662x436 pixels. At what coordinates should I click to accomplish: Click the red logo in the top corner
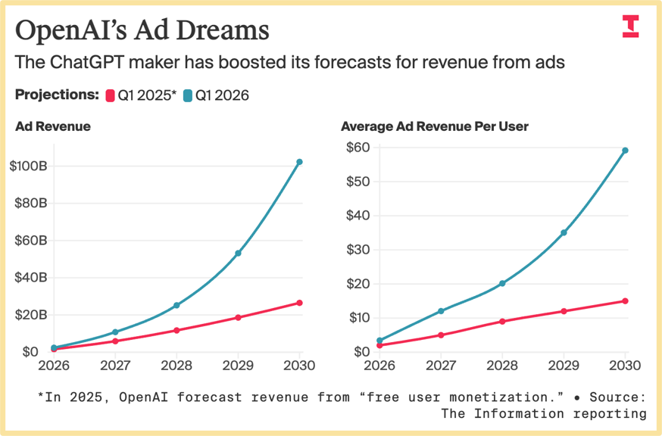point(630,26)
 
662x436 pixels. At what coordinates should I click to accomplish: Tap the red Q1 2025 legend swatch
point(110,95)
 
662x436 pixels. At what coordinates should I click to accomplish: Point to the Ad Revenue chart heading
point(53,126)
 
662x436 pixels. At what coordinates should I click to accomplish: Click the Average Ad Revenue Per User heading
point(435,126)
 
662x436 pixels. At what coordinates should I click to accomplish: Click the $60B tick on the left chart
point(31,241)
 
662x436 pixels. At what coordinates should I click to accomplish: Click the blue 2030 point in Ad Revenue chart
point(300,162)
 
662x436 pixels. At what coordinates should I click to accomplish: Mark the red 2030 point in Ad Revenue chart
point(300,303)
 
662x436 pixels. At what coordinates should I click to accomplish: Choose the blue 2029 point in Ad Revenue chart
point(239,253)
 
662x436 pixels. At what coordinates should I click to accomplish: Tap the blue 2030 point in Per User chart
point(625,150)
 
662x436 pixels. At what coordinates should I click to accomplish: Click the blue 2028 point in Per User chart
point(502,283)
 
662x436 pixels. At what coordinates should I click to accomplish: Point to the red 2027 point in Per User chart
point(441,335)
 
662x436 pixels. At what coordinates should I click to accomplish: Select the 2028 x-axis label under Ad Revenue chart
point(176,365)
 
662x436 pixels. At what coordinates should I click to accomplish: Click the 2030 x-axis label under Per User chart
point(625,365)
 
